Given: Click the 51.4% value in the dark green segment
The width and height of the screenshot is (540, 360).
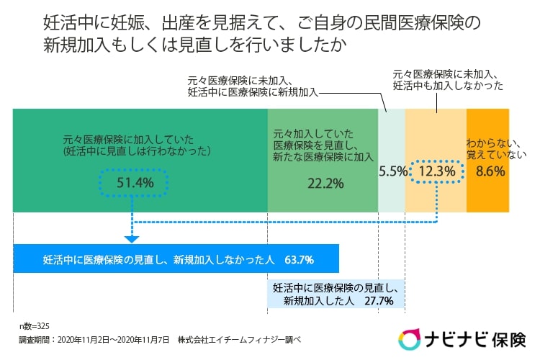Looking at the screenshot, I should click(x=135, y=183).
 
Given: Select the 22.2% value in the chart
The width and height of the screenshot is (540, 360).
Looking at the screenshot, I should click(x=324, y=183).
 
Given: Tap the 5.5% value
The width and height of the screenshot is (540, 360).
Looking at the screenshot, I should click(x=392, y=171).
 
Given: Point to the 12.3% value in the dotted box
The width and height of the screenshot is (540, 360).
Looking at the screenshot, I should click(x=437, y=171).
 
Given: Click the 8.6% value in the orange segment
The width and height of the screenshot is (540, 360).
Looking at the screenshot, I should click(x=490, y=171).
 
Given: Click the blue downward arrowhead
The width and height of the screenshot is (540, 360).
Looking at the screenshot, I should click(x=132, y=238).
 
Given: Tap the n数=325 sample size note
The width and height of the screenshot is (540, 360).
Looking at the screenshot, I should click(x=34, y=325).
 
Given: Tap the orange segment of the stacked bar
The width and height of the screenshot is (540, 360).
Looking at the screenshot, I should click(x=487, y=194).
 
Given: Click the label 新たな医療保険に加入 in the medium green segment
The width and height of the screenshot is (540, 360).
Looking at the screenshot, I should click(x=324, y=156).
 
